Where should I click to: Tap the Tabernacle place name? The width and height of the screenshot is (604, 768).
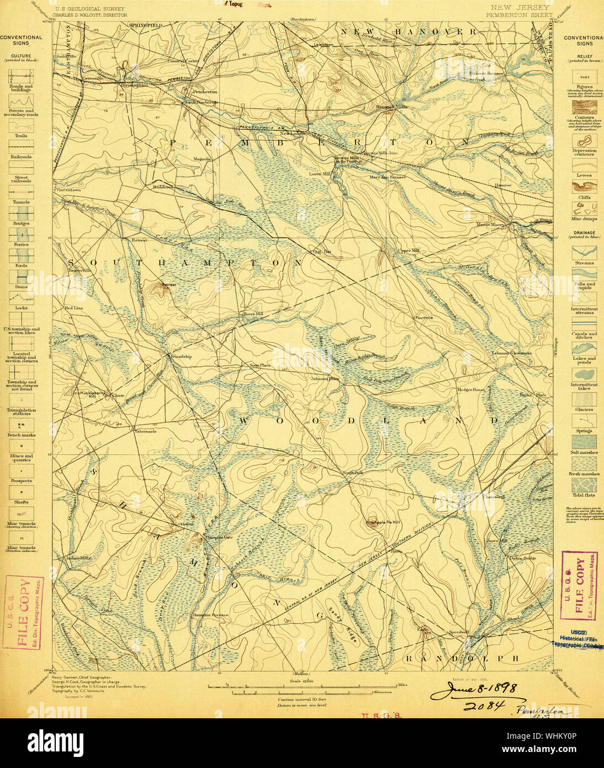(145, 432)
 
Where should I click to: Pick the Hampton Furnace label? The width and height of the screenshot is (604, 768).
(210, 615)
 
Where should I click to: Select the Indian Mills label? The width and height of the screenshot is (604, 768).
(78, 558)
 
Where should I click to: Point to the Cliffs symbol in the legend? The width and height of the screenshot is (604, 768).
(584, 186)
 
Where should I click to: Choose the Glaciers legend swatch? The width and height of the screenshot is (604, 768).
(584, 399)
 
